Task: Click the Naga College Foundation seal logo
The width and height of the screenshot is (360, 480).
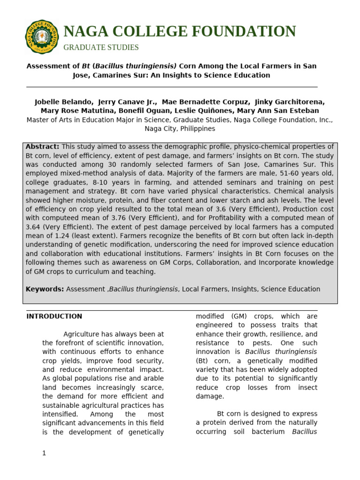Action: point(42,37)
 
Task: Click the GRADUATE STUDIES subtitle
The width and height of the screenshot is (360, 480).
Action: point(101,47)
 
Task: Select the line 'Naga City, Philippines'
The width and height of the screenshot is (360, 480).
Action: point(180,128)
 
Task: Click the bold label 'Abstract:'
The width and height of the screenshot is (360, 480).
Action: point(42,147)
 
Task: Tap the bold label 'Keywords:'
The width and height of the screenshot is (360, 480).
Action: point(45,289)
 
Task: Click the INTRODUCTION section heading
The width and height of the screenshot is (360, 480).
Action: point(54,316)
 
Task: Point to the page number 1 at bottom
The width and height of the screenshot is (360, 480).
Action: point(44,453)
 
